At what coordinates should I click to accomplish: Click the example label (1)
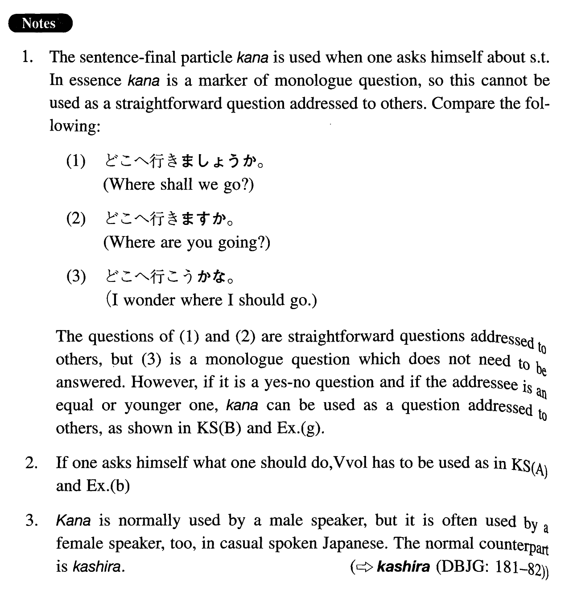pyautogui.click(x=76, y=161)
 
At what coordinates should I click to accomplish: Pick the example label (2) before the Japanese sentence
pyautogui.click(x=76, y=219)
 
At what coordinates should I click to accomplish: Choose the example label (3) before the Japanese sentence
pyautogui.click(x=76, y=277)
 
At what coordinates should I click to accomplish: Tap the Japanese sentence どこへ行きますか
pyautogui.click(x=169, y=219)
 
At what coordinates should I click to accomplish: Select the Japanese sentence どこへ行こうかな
pyautogui.click(x=169, y=277)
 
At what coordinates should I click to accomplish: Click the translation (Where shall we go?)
pyautogui.click(x=178, y=184)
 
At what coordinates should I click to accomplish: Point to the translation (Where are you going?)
pyautogui.click(x=186, y=242)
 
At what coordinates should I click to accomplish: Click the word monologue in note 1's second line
pyautogui.click(x=312, y=81)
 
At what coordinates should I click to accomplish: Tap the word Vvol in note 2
pyautogui.click(x=351, y=463)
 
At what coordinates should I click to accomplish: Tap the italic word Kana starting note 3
pyautogui.click(x=74, y=521)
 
